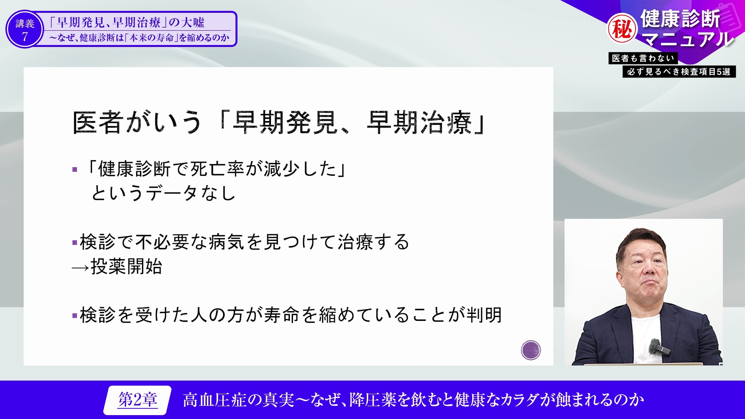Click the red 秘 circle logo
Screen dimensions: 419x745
[x=622, y=29]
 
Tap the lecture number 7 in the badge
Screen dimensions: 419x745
[x=25, y=37]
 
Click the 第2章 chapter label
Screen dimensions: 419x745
[x=138, y=400]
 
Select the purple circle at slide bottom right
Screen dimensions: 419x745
[x=531, y=350]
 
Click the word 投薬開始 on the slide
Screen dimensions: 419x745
[x=126, y=267]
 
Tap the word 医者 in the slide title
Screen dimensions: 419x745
[x=98, y=123]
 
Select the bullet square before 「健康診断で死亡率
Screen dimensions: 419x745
[x=75, y=170]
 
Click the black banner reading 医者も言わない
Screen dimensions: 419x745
[x=643, y=58]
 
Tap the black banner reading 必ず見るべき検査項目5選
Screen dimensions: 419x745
[x=679, y=72]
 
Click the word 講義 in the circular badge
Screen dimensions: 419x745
[x=25, y=24]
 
